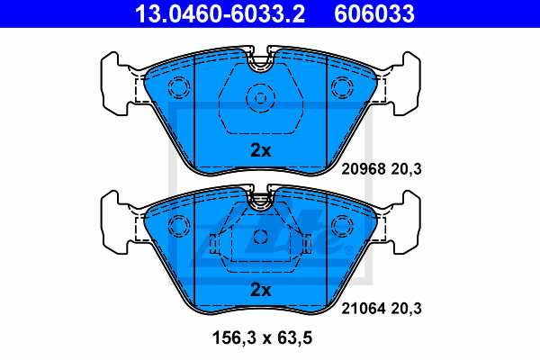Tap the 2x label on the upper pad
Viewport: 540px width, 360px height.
[x=260, y=151]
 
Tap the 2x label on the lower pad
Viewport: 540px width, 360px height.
[x=260, y=290]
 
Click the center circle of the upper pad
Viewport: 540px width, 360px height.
[x=261, y=98]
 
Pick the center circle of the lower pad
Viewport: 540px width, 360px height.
[x=261, y=238]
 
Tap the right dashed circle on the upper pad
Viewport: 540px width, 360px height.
[x=344, y=88]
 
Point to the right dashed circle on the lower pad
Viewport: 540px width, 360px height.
[x=344, y=227]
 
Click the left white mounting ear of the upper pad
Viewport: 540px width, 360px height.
[x=115, y=85]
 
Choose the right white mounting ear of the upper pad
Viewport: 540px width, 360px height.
[x=405, y=85]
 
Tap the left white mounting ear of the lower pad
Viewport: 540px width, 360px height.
[x=115, y=223]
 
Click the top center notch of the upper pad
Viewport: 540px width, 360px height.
[x=261, y=63]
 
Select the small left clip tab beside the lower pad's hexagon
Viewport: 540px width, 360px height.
[x=213, y=243]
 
